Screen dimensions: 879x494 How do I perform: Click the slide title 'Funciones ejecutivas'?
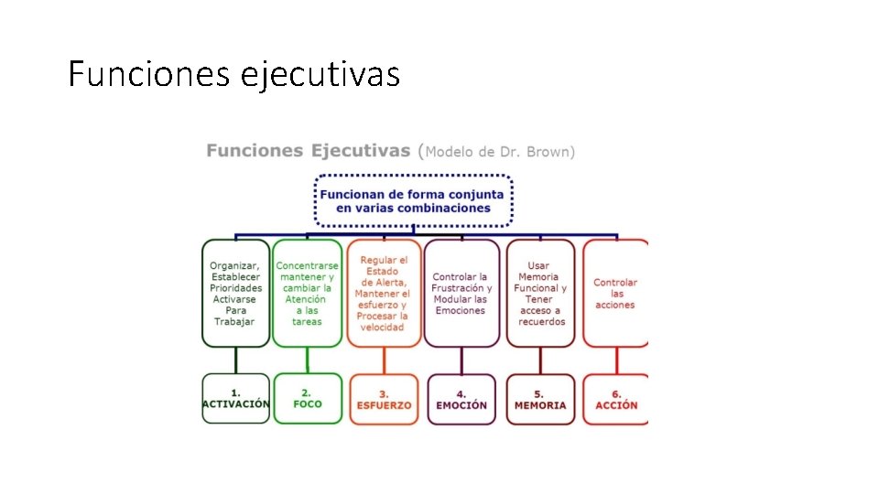click(233, 73)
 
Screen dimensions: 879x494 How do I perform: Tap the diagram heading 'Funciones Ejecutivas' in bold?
click(309, 151)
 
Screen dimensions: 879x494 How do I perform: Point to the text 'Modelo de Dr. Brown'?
click(500, 152)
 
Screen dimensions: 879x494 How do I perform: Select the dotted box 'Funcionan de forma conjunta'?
click(413, 200)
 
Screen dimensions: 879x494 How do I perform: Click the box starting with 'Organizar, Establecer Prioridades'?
click(236, 293)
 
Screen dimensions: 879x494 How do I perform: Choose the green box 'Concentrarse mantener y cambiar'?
click(308, 293)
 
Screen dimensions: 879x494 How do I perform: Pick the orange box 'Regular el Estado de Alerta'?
click(383, 293)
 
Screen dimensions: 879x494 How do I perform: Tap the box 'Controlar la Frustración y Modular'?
click(461, 293)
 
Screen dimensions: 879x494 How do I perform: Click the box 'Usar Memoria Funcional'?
click(540, 293)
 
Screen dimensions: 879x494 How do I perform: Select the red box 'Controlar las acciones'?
click(615, 293)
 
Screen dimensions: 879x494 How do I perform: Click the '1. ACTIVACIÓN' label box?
click(236, 399)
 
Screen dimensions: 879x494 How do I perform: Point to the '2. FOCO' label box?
click(308, 399)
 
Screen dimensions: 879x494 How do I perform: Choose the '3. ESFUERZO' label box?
click(383, 399)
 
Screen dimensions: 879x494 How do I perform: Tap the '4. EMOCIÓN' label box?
click(461, 399)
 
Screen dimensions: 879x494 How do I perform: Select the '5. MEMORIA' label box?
click(540, 399)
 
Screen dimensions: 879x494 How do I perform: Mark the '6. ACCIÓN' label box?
click(616, 399)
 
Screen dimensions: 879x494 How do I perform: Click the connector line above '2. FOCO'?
click(308, 360)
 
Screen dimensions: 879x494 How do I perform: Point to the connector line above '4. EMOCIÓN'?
click(461, 360)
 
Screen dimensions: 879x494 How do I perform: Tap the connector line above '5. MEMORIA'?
click(540, 360)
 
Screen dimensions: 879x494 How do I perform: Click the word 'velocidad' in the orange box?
click(383, 328)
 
